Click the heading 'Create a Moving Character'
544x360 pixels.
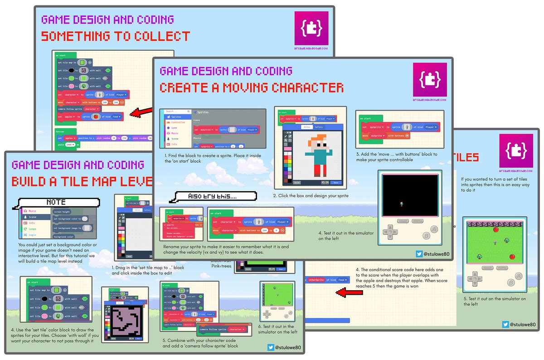251,88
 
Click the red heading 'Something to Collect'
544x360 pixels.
116,36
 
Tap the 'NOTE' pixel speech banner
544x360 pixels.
56,202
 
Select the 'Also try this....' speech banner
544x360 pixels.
205,196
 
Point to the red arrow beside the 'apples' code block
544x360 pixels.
139,112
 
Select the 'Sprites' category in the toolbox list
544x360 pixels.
176,117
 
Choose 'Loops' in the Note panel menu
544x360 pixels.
32,229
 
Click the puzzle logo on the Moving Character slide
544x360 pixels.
430,80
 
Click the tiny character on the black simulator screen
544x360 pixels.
401,204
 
